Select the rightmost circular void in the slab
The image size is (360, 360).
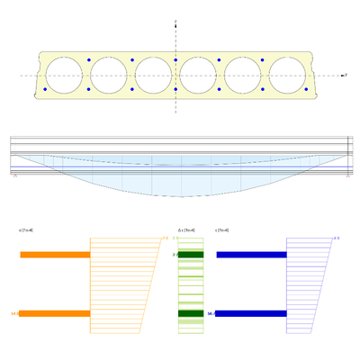287,75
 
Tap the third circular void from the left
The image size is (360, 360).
153,75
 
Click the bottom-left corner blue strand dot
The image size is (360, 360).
43,89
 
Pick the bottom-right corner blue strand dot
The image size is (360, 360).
307,89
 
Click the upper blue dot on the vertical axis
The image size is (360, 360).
175,60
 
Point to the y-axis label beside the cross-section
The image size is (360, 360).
346,76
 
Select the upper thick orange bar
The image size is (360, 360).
55,255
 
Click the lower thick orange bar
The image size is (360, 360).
54,313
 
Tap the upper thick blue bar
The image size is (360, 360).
251,255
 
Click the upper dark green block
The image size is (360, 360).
191,255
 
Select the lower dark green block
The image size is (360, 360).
191,313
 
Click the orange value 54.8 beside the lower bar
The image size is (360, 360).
14,313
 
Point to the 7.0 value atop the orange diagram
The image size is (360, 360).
165,238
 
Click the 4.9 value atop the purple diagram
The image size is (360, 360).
336,238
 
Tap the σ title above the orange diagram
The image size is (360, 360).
26,229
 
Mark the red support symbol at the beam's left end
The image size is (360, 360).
14,175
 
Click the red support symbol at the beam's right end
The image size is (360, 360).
347,175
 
